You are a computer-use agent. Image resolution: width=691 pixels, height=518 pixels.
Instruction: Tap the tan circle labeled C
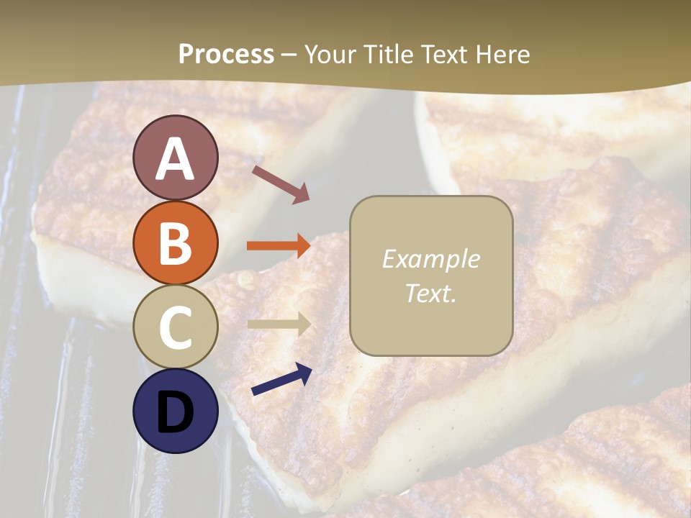point(175,327)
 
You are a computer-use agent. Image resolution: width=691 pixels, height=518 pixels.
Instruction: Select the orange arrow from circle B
point(279,246)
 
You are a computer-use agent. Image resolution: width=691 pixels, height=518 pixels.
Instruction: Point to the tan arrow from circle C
point(279,324)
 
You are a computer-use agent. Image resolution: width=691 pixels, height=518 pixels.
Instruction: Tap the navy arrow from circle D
point(281,379)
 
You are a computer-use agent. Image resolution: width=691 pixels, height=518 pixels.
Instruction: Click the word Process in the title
point(226,55)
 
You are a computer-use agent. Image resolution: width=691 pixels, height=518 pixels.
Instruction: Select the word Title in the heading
point(387,55)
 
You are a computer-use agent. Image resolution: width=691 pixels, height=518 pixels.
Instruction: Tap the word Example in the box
point(430,259)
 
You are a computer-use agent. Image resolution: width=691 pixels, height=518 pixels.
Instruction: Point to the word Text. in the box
point(430,293)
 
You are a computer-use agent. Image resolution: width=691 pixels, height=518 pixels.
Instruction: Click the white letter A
point(175,159)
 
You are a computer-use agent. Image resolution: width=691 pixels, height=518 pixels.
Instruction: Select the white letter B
point(175,242)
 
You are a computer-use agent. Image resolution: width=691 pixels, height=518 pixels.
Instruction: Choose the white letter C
point(175,327)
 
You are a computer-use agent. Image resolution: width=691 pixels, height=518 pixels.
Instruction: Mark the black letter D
point(175,412)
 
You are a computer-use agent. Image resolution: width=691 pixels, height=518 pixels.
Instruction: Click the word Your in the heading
point(330,55)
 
